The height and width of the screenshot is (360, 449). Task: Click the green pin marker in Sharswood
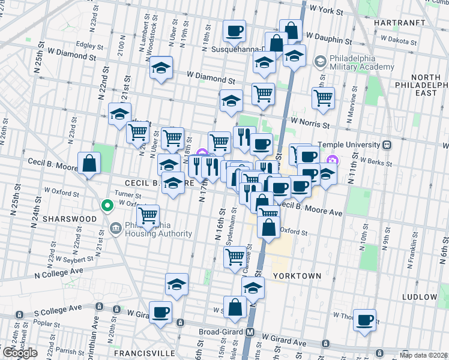107,206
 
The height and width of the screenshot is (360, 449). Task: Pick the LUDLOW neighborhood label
420,297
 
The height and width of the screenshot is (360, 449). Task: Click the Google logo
20,353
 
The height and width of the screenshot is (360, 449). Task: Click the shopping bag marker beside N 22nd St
89,163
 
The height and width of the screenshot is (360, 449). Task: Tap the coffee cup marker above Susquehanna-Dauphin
234,30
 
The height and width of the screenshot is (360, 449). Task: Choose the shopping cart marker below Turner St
148,215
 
